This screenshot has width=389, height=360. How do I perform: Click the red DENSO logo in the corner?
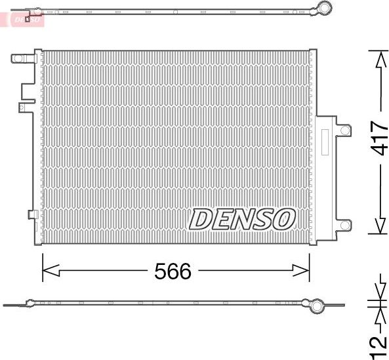pos(26,20)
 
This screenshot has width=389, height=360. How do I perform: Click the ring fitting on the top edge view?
pos(323,9)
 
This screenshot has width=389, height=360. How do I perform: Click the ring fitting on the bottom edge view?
pos(316,305)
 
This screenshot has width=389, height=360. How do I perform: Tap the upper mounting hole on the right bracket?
pos(344,130)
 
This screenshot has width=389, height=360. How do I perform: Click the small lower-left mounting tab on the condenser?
pos(31,214)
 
